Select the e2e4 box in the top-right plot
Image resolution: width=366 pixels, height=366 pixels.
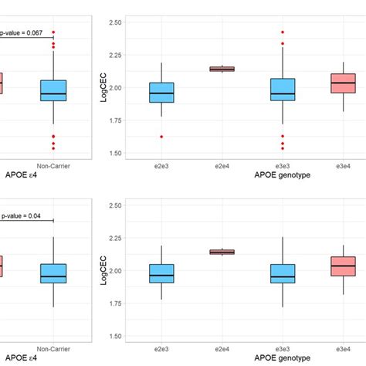222,69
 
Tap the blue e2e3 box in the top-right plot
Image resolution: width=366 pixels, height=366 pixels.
161,92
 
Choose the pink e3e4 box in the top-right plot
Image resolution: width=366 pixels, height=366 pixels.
343,83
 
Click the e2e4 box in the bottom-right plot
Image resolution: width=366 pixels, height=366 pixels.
222,252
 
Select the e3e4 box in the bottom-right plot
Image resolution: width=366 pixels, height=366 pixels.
343,266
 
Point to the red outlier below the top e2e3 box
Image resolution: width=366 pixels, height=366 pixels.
161,137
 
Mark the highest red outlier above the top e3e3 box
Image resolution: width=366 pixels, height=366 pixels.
282,32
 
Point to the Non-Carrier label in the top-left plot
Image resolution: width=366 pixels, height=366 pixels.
53,164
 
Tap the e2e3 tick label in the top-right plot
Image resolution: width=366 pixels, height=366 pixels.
161,164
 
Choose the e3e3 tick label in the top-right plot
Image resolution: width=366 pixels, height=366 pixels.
282,164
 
